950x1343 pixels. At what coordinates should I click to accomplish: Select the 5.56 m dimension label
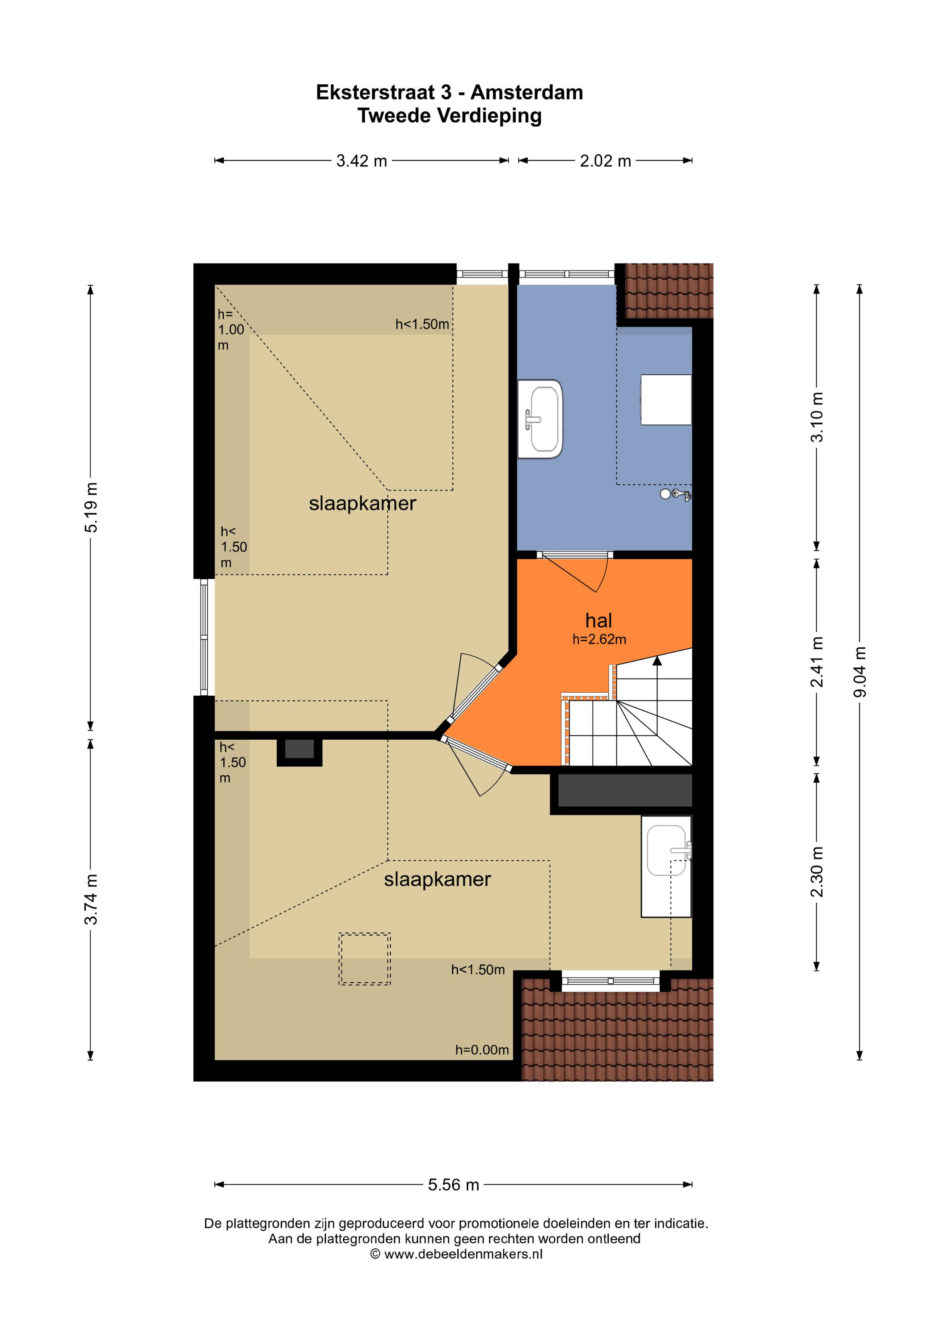pos(454,1184)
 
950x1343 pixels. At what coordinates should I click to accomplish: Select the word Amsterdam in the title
pos(527,92)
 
